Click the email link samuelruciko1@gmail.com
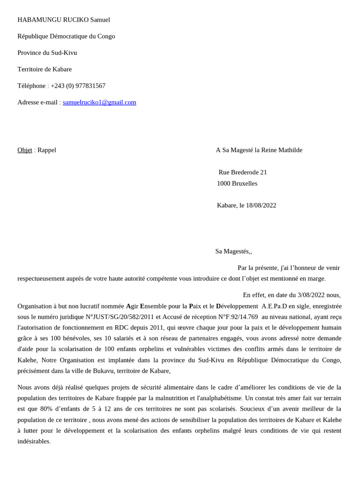[99, 102]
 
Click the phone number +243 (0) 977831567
[78, 86]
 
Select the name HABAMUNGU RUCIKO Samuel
[64, 20]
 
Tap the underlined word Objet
[25, 150]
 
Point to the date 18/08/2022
[261, 205]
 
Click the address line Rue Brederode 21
[242, 172]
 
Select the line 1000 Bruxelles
[237, 183]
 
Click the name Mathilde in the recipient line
[288, 150]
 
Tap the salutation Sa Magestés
[232, 251]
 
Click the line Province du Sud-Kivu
[47, 52]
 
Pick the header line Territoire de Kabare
[45, 69]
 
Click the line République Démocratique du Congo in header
[66, 36]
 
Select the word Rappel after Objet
[47, 150]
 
